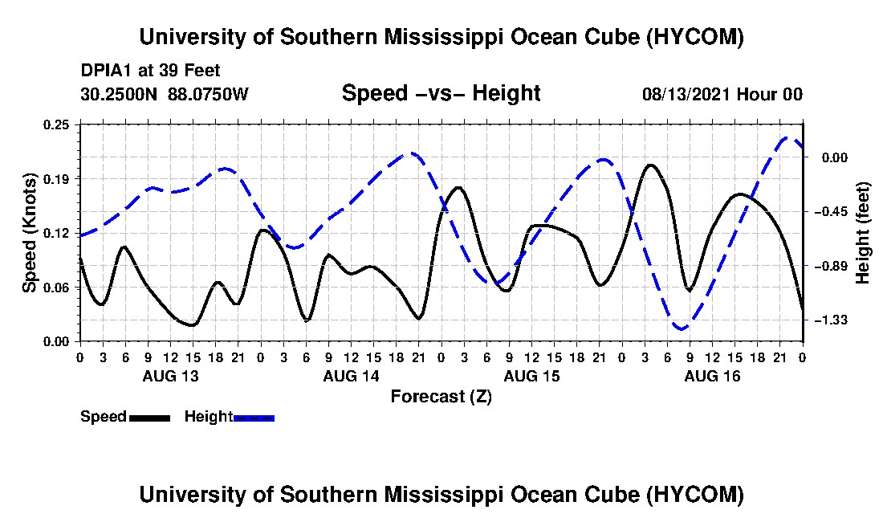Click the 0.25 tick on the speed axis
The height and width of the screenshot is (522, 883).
point(56,124)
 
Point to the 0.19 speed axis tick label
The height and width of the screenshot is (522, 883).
point(56,179)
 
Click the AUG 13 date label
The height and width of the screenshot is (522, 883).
point(171,376)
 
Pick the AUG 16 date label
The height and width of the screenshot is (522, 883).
point(712,376)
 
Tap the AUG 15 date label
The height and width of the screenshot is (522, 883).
point(531,376)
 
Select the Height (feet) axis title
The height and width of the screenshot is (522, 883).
point(862,233)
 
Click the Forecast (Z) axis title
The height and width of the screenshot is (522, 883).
point(441,397)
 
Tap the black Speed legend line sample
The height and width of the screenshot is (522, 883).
point(150,418)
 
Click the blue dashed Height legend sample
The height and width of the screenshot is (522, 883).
point(254,418)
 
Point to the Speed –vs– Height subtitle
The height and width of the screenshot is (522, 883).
point(441,93)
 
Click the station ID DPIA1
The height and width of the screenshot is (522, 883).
point(102,71)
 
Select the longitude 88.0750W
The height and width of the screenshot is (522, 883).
point(208,93)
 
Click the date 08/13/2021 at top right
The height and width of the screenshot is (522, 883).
point(686,94)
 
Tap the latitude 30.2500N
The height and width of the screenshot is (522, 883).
point(119,93)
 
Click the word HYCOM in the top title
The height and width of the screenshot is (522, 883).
point(695,37)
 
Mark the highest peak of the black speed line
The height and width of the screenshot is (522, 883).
point(650,165)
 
